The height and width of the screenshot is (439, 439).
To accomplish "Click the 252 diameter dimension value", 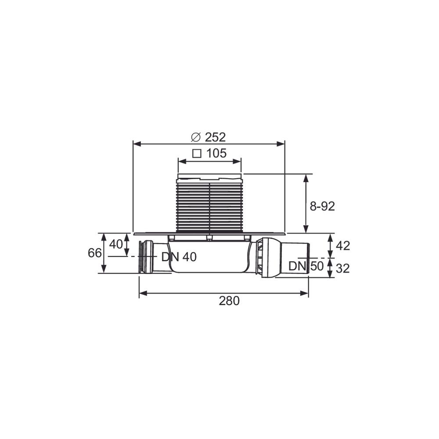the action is click(x=215, y=137).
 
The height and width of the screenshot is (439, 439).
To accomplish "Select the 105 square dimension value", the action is click(x=216, y=153).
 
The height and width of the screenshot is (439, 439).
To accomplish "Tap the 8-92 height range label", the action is click(x=322, y=206).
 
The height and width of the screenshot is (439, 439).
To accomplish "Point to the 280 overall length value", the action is click(x=229, y=301).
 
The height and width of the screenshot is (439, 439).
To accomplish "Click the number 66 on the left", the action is click(x=95, y=253).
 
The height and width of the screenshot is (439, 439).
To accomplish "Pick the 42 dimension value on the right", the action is click(x=343, y=246).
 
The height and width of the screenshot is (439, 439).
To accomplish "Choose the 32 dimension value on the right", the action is click(x=343, y=269).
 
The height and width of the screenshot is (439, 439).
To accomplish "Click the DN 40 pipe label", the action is click(x=179, y=257).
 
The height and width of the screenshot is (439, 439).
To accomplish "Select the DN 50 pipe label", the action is click(x=306, y=266).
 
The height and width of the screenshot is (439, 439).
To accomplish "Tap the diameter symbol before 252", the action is click(x=196, y=137).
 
